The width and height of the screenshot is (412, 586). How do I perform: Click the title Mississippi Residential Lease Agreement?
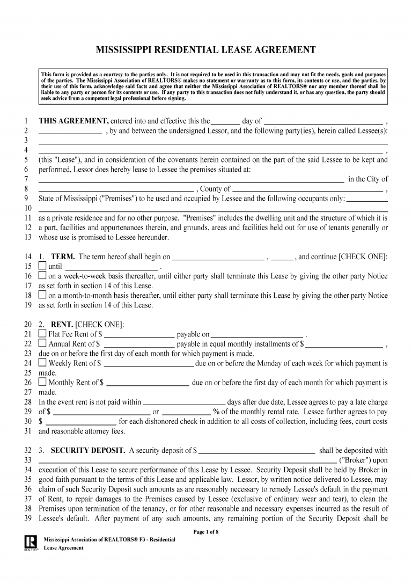(205, 50)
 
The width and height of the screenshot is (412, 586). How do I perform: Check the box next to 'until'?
(43, 266)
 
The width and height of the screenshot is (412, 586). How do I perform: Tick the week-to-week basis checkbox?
(43, 276)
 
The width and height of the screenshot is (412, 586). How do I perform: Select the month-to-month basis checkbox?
(43, 295)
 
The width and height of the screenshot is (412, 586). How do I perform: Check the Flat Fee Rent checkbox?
(43, 334)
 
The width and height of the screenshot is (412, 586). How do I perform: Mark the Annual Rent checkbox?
(43, 343)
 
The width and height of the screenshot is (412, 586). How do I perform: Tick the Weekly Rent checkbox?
(43, 363)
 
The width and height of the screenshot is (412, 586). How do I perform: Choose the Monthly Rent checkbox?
(43, 383)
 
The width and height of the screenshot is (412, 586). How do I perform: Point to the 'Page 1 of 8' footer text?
(205, 532)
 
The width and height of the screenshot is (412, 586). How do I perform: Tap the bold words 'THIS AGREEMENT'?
(73, 121)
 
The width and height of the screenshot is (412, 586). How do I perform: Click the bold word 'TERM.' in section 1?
(63, 257)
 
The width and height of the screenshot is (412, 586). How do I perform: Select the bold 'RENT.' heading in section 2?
(62, 324)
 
